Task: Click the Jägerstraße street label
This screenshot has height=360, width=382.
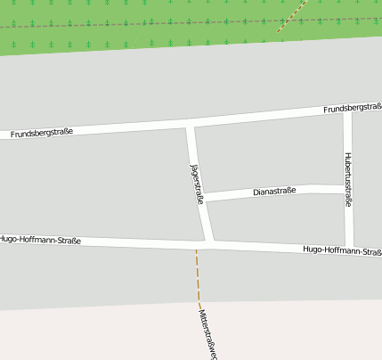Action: point(197,184)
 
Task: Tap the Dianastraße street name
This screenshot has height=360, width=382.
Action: point(274,192)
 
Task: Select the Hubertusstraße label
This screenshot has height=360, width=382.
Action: point(347,179)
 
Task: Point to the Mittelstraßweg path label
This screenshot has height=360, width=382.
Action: point(208,331)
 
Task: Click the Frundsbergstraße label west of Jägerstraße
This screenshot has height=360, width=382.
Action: point(41,133)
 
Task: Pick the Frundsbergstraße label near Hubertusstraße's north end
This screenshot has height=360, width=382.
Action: point(353,108)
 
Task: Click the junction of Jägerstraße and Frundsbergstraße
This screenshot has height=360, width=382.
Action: point(190,122)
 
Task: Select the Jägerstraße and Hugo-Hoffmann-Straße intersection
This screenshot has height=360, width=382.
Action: point(208,242)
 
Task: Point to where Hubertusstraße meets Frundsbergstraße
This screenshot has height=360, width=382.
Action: point(347,110)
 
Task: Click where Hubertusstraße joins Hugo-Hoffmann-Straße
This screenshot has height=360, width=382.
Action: point(351,247)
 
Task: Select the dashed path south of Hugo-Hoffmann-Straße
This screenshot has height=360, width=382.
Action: point(199,276)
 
